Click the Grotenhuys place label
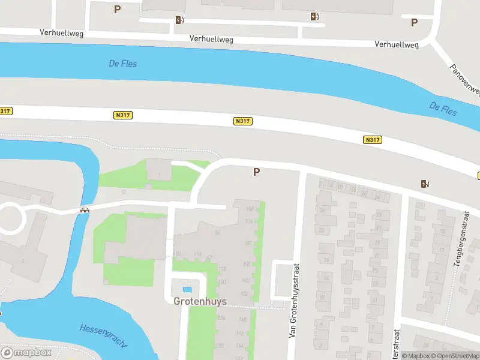click(200, 301)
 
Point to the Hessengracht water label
click(103, 335)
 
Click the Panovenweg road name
click(466, 78)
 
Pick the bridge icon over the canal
click(85, 210)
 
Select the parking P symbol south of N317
click(256, 172)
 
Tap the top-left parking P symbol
click(117, 9)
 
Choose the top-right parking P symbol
click(414, 22)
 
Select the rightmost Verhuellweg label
click(396, 44)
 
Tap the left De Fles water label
click(122, 63)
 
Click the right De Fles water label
click(443, 109)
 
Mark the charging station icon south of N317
click(425, 184)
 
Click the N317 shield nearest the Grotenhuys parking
click(243, 121)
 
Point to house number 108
click(250, 209)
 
